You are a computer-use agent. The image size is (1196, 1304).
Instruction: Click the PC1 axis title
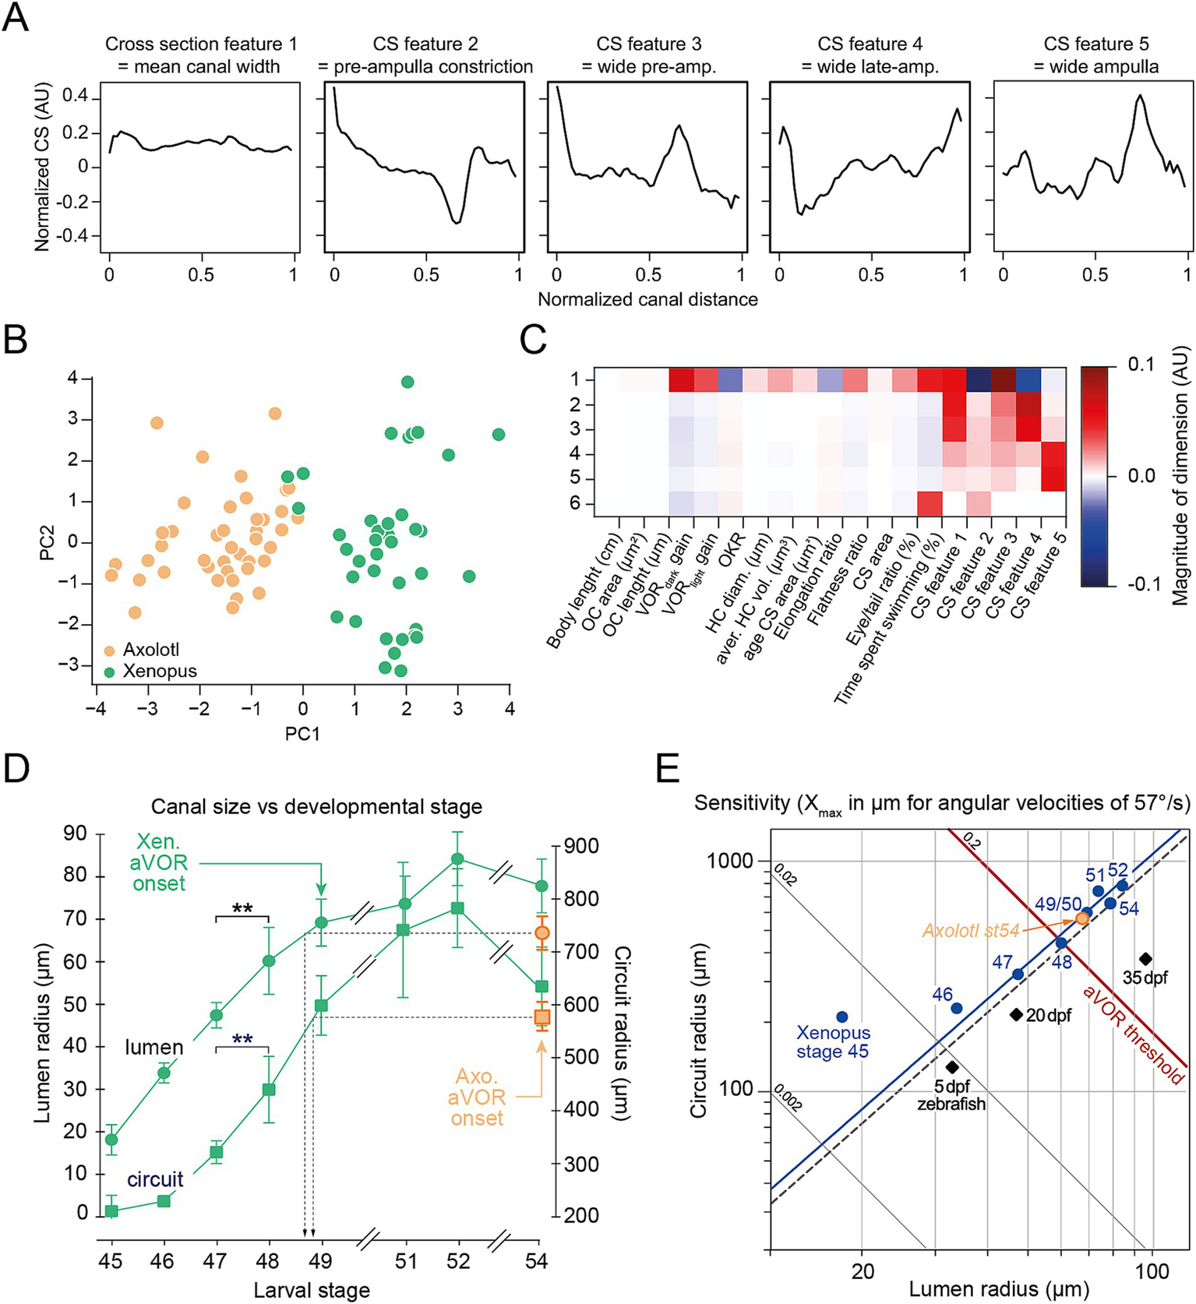[x=302, y=734]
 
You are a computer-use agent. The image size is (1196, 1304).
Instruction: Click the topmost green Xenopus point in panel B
[x=407, y=382]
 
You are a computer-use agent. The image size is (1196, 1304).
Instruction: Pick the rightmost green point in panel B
[x=499, y=435]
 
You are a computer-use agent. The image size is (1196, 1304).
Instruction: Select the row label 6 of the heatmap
[x=576, y=504]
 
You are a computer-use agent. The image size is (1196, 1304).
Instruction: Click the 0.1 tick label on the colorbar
[x=1141, y=365]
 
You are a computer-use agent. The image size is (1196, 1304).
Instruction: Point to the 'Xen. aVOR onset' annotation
[x=161, y=862]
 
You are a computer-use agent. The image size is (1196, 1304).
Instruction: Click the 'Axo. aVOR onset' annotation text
[x=477, y=1098]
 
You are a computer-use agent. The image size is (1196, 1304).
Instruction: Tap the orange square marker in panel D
[x=542, y=1017]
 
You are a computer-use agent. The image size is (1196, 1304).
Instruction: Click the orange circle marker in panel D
[x=542, y=933]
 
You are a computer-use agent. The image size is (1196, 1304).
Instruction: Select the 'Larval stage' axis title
[x=312, y=1290]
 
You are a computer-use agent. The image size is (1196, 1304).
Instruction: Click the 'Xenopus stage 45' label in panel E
[x=833, y=1042]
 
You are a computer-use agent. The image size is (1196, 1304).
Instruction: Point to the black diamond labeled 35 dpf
[x=1145, y=959]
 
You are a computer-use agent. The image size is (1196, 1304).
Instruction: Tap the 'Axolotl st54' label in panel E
[x=971, y=930]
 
